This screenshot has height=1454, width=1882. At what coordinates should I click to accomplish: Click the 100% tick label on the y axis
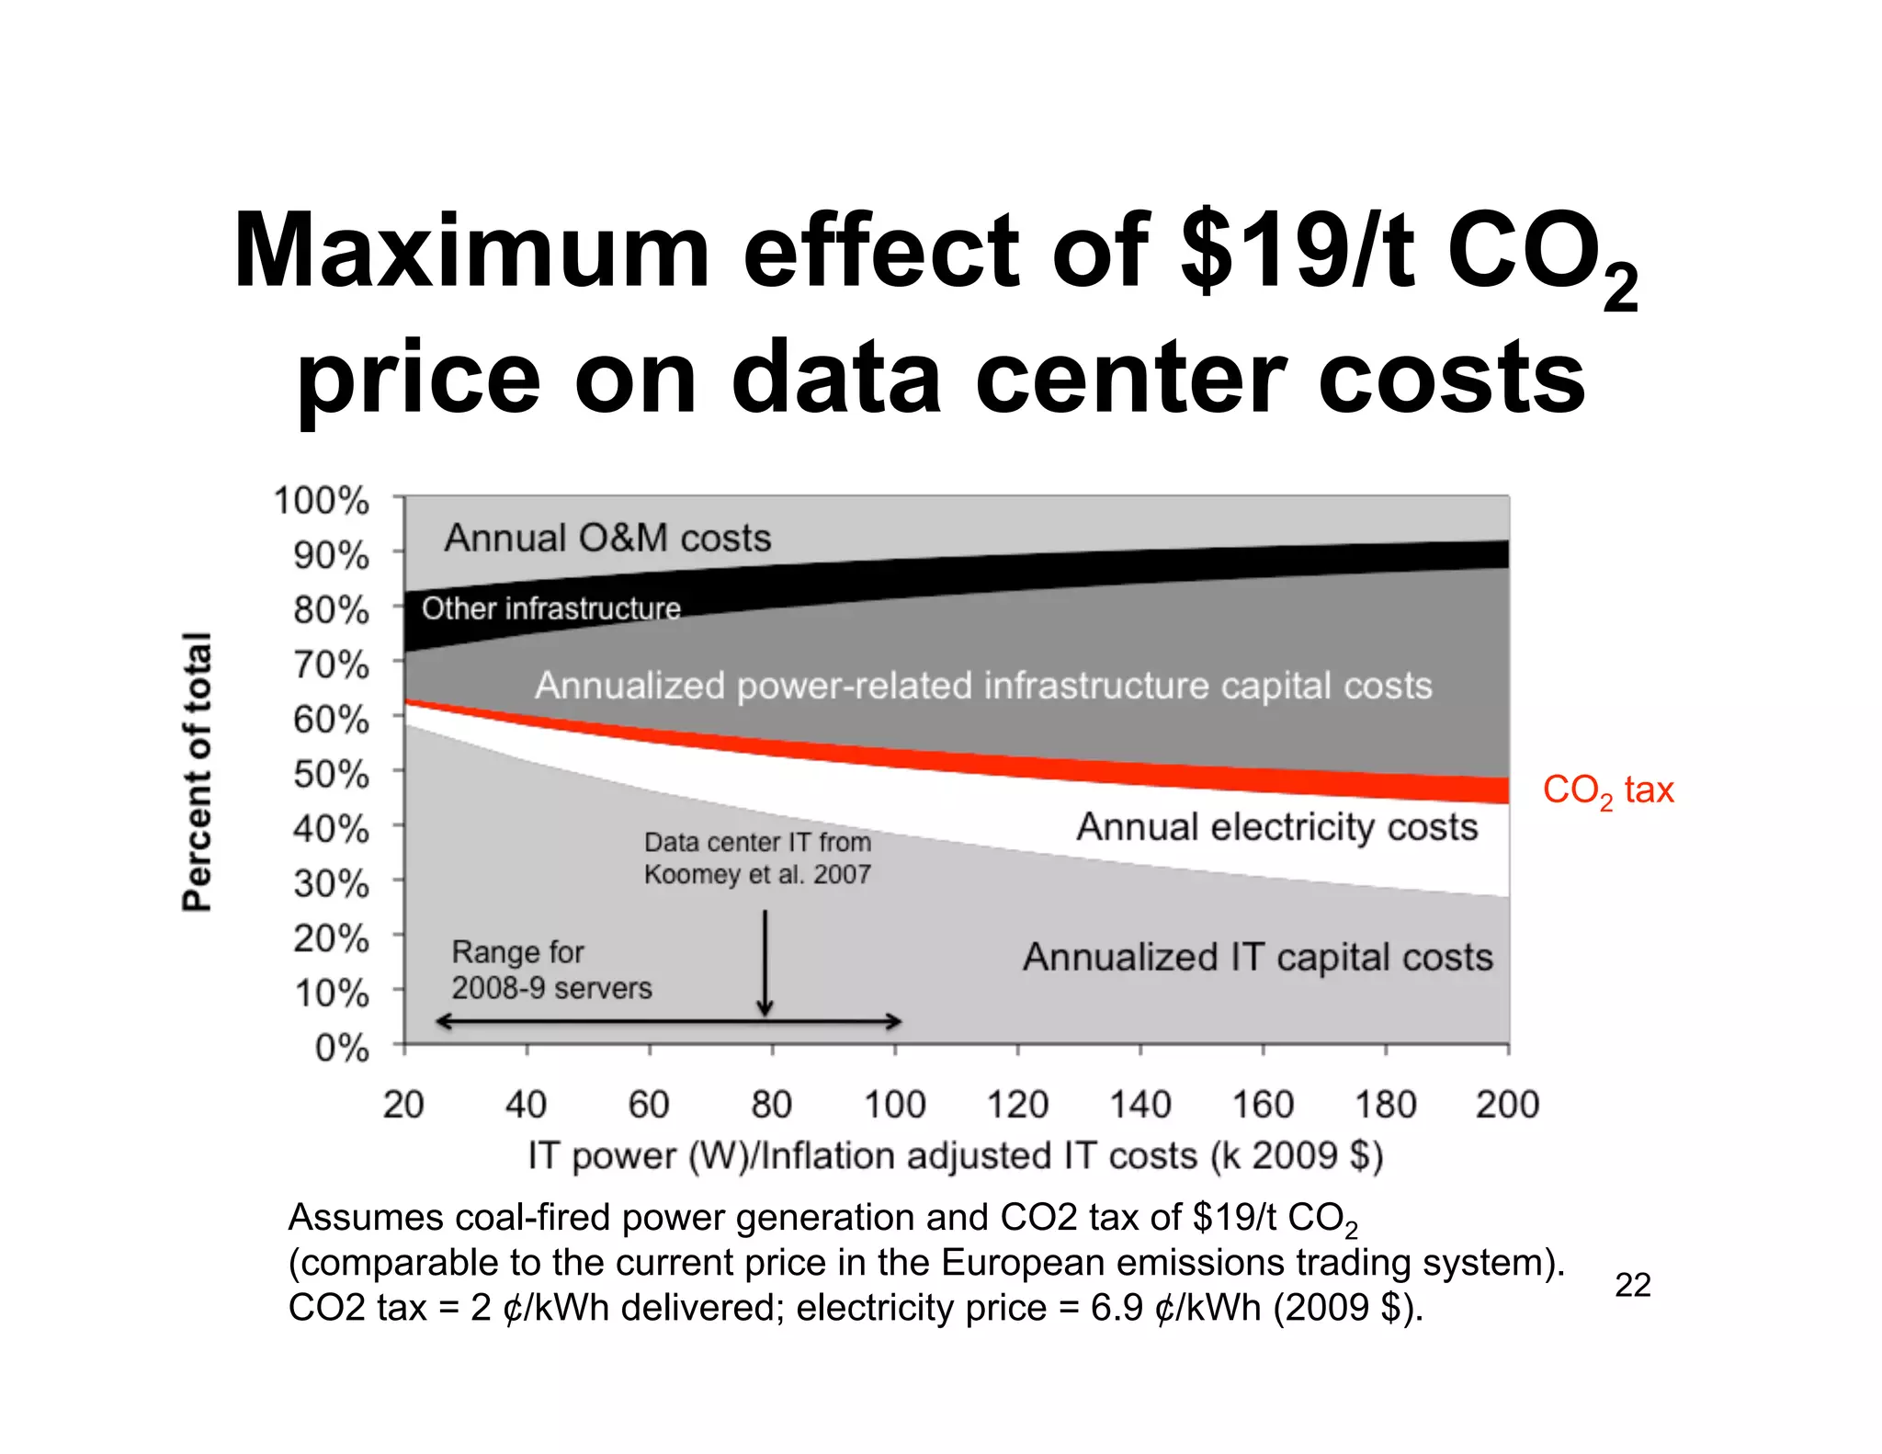click(321, 502)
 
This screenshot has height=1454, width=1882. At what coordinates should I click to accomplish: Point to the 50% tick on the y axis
click(331, 775)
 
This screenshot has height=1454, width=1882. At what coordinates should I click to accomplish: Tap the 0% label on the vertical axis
click(341, 1048)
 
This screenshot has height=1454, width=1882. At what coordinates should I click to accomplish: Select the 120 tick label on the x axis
click(1017, 1104)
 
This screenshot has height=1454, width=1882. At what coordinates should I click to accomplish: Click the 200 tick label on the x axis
click(1507, 1104)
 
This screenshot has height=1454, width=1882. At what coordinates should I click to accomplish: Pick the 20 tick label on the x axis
click(403, 1104)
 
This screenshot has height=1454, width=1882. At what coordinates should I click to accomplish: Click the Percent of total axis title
click(198, 771)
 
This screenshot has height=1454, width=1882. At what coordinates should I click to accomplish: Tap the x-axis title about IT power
click(955, 1155)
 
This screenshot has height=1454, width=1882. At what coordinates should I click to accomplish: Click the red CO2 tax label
click(1607, 790)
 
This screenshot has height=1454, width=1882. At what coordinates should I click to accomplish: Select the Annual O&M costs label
click(607, 539)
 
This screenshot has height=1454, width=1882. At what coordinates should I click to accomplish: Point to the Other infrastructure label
click(550, 608)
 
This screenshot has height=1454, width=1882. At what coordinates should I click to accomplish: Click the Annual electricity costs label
click(1276, 827)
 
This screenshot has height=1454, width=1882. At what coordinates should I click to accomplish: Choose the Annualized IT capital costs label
click(1257, 958)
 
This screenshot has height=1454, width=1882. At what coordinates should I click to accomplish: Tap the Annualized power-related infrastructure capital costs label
click(983, 686)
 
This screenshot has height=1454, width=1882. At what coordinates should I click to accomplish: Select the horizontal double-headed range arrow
click(668, 1021)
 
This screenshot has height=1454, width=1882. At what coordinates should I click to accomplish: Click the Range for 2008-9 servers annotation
click(550, 970)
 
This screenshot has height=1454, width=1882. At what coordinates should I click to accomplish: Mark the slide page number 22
click(1632, 1285)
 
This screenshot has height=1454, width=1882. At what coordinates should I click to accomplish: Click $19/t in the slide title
click(1297, 251)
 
